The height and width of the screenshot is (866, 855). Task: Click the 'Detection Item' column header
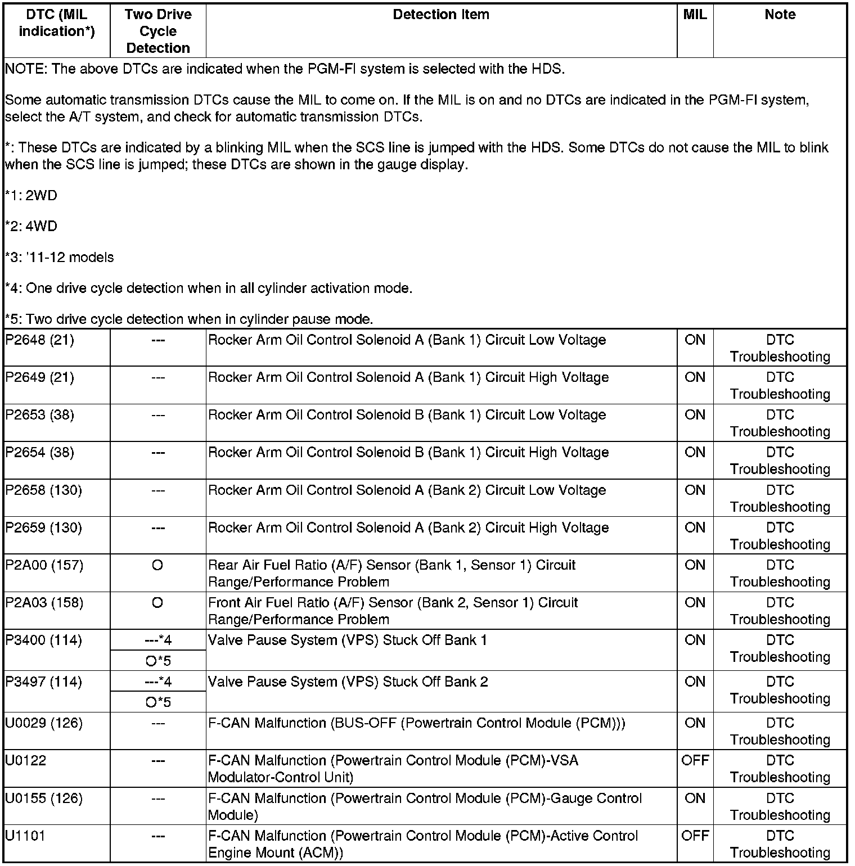pos(441,15)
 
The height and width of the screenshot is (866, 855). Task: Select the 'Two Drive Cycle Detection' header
pos(158,31)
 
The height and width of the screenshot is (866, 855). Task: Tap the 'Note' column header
pos(780,15)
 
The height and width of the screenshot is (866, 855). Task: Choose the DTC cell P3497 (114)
pos(43,682)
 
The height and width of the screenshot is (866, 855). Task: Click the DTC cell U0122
pos(26,761)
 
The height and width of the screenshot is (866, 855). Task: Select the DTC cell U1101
pos(25,836)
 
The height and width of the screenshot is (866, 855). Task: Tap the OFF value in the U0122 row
pos(695,761)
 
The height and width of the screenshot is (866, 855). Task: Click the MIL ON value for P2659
pos(695,528)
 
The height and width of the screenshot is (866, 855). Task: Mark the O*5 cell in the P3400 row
pos(158,661)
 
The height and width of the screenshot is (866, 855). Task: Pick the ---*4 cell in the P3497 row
pos(158,682)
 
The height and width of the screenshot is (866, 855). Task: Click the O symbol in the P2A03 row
pos(157,603)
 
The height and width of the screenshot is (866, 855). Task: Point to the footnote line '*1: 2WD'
pos(31,196)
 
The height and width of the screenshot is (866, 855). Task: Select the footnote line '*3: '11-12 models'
pos(59,258)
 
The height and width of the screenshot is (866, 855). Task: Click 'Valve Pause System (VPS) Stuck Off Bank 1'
pos(347,641)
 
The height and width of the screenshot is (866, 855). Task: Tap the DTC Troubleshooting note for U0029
pos(780,732)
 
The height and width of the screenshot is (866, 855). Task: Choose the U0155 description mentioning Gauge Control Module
pos(425,807)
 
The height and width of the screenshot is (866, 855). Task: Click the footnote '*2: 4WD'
pos(31,227)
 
